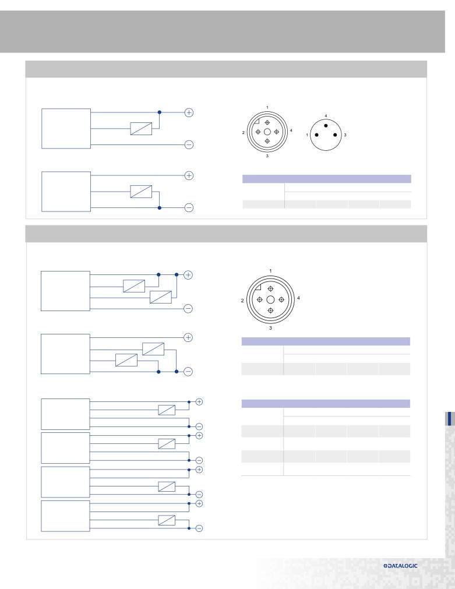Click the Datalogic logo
click(x=400, y=566)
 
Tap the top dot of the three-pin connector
click(x=326, y=125)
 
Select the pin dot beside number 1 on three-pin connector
click(x=317, y=135)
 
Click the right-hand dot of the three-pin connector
click(x=335, y=135)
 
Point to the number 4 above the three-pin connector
click(x=326, y=116)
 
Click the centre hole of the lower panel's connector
click(x=270, y=300)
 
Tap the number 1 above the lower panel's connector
click(x=270, y=271)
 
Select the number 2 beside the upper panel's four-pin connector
click(x=244, y=133)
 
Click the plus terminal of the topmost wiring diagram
click(x=189, y=112)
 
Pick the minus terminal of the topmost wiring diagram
click(x=189, y=144)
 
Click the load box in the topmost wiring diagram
click(x=141, y=129)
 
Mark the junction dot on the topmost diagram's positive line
click(x=159, y=112)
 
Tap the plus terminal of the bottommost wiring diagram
click(x=199, y=503)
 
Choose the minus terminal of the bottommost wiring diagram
click(x=199, y=528)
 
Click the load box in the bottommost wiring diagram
click(x=167, y=520)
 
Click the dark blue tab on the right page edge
click(x=449, y=419)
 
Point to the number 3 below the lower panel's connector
click(x=270, y=328)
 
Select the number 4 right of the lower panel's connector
click(x=298, y=298)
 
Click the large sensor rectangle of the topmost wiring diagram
click(x=66, y=129)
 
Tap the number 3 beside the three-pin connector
click(x=345, y=135)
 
